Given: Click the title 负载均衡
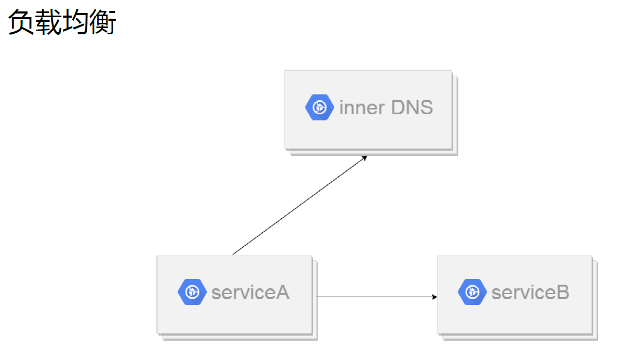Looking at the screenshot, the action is click(62, 22).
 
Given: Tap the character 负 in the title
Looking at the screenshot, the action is click(21, 22).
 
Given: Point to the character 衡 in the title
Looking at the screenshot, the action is click(103, 22).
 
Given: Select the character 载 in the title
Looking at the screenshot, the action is click(48, 22).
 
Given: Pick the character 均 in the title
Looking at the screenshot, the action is click(75, 22).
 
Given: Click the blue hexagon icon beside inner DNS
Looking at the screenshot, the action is click(319, 108).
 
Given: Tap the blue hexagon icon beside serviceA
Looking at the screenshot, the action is click(192, 292).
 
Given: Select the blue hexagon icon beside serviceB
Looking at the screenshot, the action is click(472, 292).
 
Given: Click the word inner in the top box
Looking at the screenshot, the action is click(362, 108).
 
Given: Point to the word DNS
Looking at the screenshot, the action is click(412, 107).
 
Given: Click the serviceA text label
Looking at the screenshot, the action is click(250, 292).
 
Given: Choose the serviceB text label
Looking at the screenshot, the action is click(531, 292).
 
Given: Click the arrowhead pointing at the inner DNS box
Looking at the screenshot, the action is click(364, 158).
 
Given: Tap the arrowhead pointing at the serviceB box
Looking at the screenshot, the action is click(435, 297).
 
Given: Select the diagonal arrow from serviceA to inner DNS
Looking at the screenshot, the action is click(300, 205).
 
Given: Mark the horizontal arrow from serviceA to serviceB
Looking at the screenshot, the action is click(377, 297).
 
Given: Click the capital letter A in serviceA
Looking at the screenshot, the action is click(282, 292).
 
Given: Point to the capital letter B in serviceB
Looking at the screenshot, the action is click(563, 292).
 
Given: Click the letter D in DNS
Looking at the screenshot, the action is click(398, 107).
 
